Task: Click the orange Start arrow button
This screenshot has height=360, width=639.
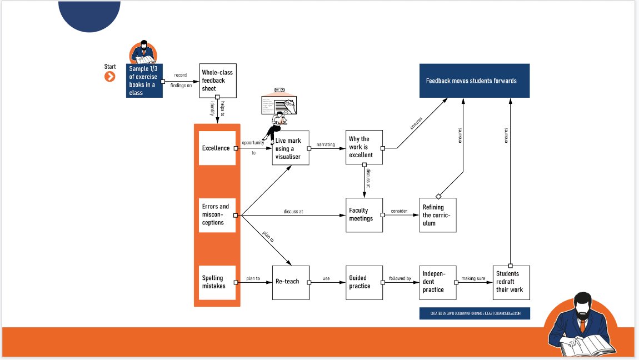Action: [x=110, y=77]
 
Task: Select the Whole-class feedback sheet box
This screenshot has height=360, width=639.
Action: [x=217, y=81]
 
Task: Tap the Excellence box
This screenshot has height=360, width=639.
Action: [x=217, y=148]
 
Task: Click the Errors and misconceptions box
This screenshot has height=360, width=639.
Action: [x=217, y=215]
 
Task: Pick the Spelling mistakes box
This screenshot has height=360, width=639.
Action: [x=217, y=282]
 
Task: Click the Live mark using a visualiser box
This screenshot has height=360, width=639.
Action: [x=291, y=148]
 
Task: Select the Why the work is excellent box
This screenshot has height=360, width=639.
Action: [x=364, y=147]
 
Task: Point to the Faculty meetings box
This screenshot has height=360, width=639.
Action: [x=364, y=215]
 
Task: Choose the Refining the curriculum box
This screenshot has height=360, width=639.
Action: [x=438, y=215]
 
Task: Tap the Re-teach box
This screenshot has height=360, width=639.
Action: [x=291, y=282]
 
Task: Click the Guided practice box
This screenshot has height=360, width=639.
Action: [x=364, y=282]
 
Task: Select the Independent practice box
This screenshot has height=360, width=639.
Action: [x=438, y=282]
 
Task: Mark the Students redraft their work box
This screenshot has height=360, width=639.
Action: [x=511, y=282]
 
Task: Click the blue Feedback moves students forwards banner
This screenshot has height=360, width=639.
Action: [x=474, y=81]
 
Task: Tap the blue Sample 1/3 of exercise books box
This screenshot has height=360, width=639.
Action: [x=144, y=81]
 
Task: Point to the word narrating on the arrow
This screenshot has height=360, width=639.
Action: [x=326, y=144]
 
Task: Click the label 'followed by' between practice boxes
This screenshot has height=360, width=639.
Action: [x=400, y=278]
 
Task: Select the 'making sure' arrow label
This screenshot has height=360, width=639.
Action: [x=473, y=278]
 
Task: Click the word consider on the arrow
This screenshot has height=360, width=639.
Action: [x=399, y=211]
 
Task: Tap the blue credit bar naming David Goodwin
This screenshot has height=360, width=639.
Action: [x=475, y=313]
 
